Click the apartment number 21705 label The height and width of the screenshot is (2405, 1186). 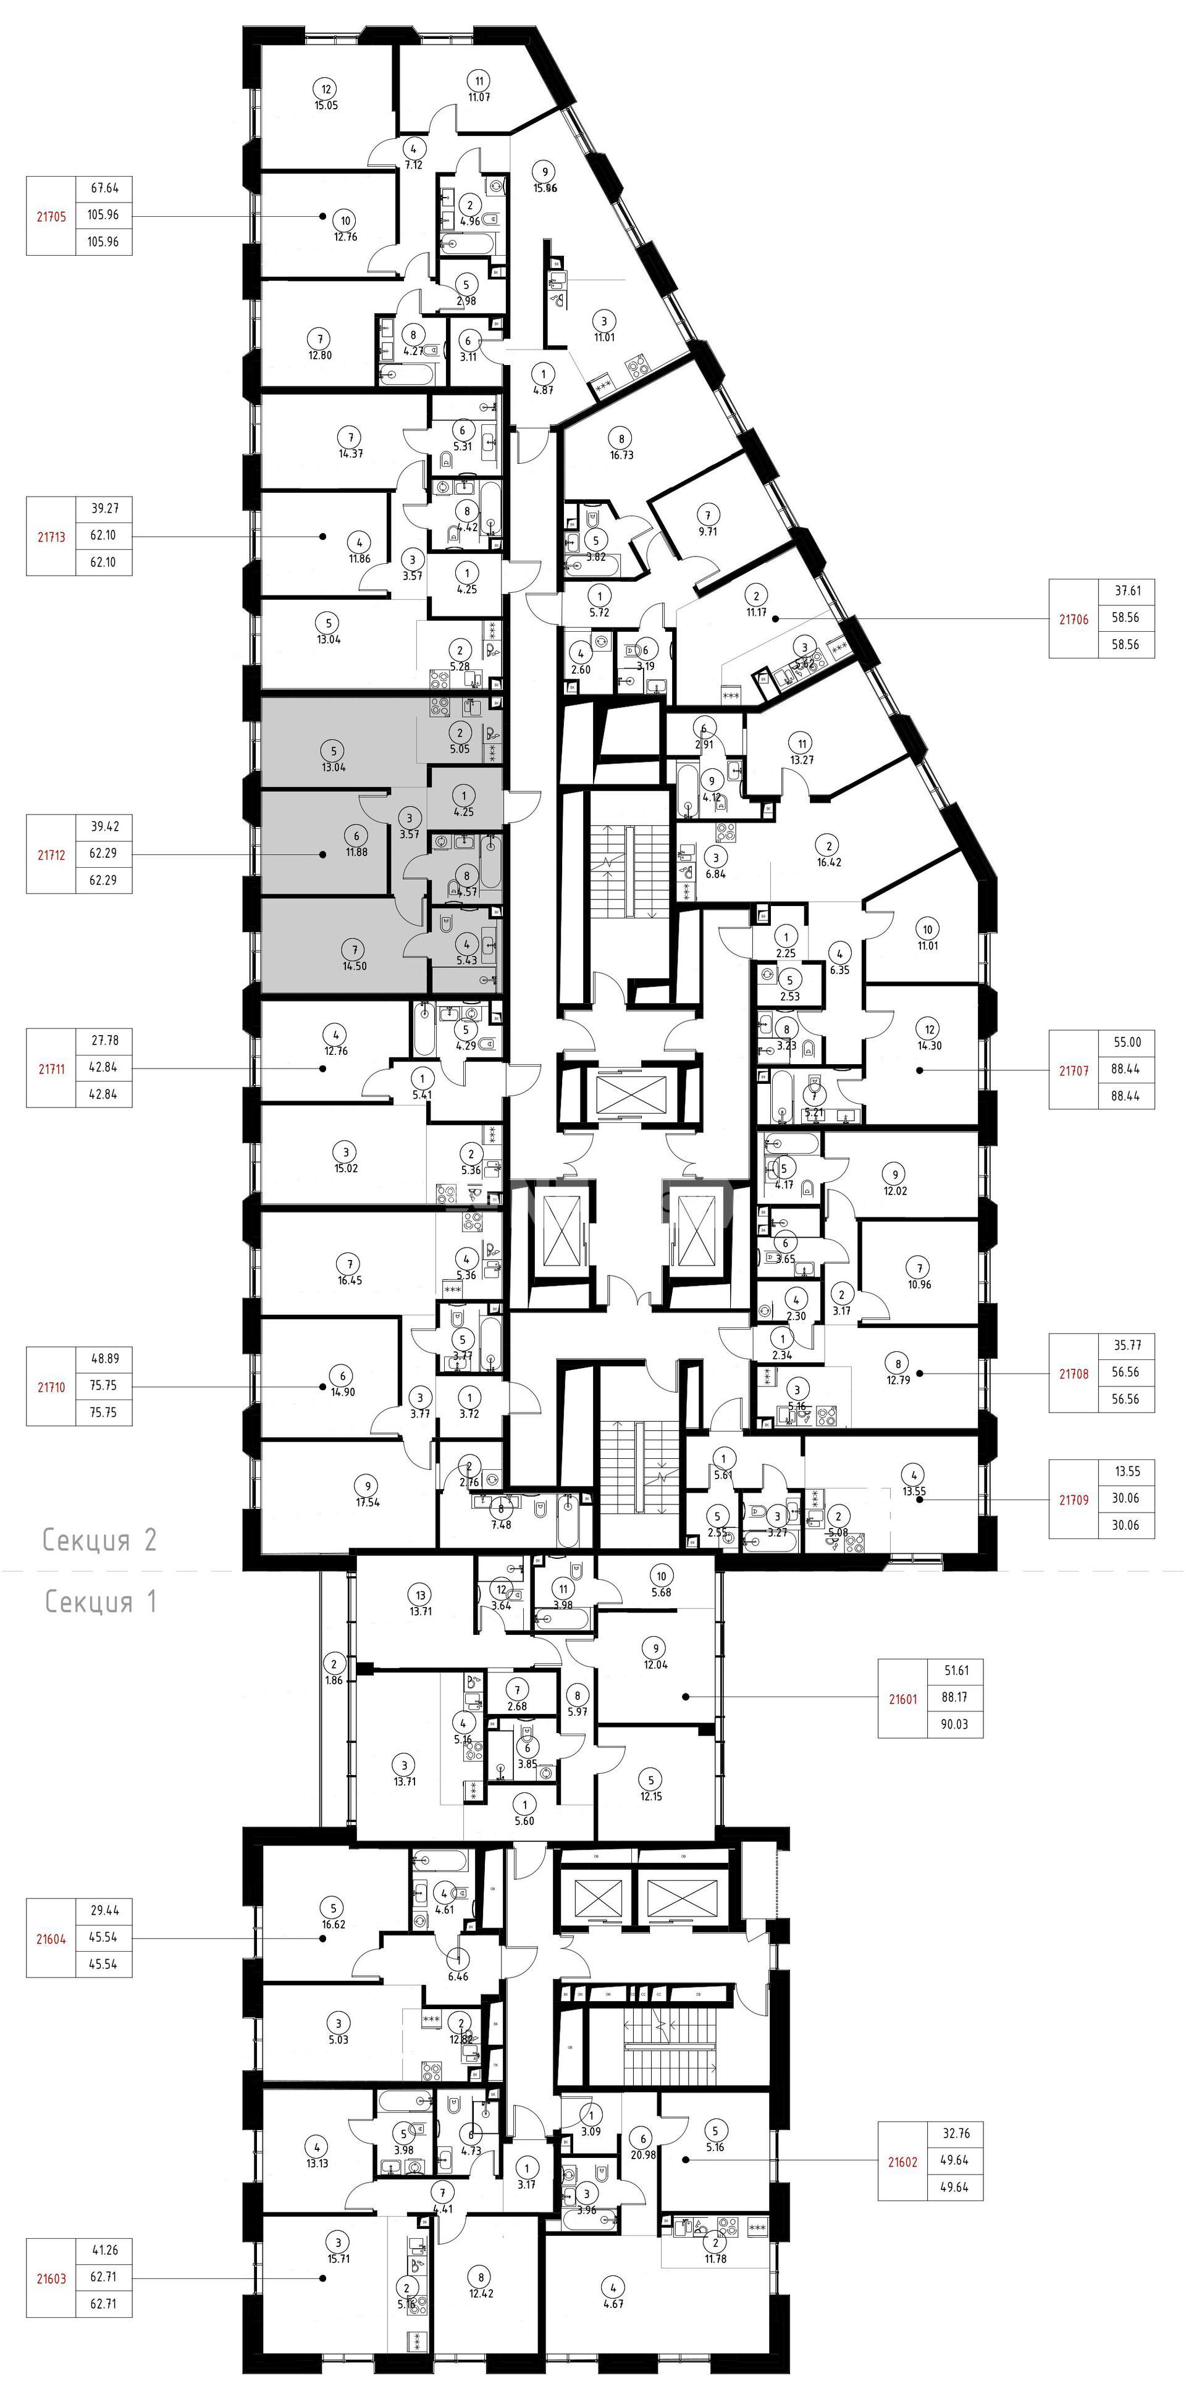pos(51,216)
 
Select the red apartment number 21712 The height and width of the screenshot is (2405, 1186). pos(51,854)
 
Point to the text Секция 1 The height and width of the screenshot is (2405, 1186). pos(101,1602)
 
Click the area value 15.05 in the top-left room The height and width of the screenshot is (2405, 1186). pos(326,106)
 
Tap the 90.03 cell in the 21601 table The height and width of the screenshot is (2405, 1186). pos(954,1724)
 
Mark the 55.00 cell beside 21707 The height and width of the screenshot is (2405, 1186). pos(1127,1043)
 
